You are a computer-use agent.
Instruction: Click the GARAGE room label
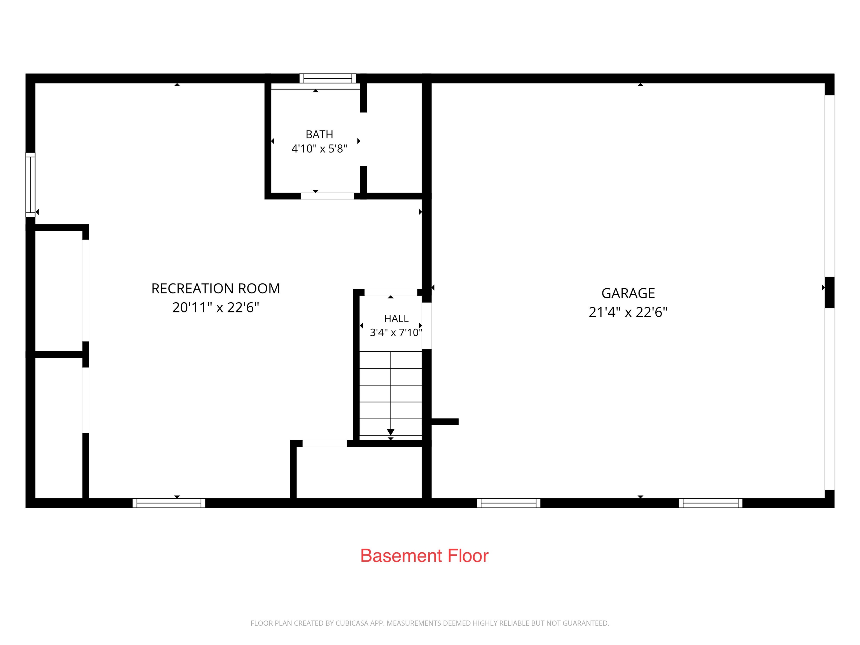tap(628, 293)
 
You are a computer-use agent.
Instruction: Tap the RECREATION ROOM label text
tap(216, 288)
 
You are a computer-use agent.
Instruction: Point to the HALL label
tap(396, 319)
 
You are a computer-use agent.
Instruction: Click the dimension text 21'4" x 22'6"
tap(628, 312)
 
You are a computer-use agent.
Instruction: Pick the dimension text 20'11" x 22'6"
tap(216, 308)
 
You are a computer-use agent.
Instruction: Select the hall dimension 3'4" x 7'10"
tap(396, 332)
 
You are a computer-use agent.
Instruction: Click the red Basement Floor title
tap(424, 556)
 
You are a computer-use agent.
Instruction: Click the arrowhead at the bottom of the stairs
tap(391, 432)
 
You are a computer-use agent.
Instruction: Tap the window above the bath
tap(328, 78)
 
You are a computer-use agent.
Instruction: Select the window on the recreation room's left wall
tap(30, 185)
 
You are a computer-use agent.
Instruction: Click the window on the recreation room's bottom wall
tap(169, 503)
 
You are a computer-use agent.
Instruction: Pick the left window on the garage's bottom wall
tap(509, 503)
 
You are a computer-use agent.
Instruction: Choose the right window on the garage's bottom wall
tap(711, 503)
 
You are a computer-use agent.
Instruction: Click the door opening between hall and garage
tap(427, 326)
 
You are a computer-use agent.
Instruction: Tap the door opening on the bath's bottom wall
tap(327, 196)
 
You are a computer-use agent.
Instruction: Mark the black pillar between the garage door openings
tap(830, 292)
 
